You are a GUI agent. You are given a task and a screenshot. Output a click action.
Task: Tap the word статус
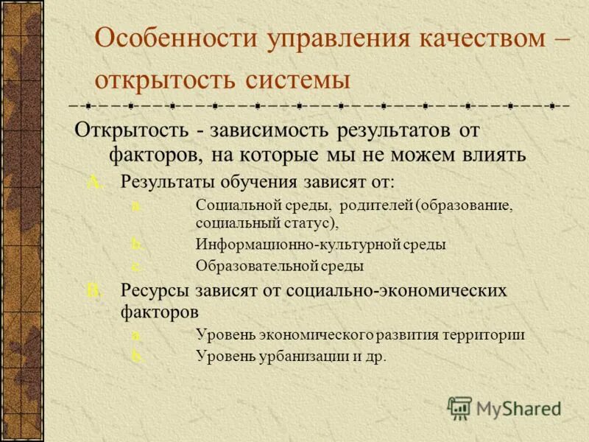pyautogui.click(x=310, y=222)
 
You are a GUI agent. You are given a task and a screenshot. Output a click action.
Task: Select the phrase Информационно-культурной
pyautogui.click(x=297, y=244)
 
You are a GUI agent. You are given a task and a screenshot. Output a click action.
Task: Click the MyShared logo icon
pyautogui.click(x=460, y=407)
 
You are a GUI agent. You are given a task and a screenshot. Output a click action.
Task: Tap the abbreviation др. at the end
pyautogui.click(x=374, y=356)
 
